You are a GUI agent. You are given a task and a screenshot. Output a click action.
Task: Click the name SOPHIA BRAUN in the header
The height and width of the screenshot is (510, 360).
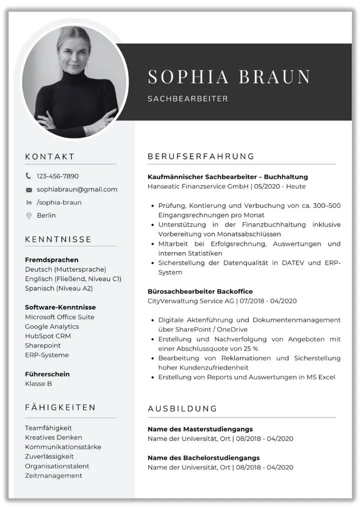(x=229, y=76)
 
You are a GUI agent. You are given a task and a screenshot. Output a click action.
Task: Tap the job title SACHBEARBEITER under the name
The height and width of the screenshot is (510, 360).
(x=187, y=99)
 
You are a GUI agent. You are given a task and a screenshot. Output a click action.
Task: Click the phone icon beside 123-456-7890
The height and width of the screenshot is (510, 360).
(x=28, y=176)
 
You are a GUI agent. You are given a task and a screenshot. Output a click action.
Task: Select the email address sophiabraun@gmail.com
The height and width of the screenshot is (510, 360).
(x=77, y=189)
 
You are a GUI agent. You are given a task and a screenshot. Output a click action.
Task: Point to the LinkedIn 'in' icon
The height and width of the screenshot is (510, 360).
(x=28, y=202)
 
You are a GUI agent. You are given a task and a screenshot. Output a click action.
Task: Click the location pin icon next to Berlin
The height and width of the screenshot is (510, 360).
(x=28, y=215)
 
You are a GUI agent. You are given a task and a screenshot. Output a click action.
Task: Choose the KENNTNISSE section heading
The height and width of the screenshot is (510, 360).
(x=58, y=239)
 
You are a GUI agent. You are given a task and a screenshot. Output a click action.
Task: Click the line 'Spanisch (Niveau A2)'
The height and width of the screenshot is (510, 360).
(x=58, y=288)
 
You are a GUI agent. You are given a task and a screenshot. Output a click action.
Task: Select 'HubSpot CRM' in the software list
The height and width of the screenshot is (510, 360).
(x=48, y=336)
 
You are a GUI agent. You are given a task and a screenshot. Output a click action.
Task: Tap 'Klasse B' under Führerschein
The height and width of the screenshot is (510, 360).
(x=38, y=384)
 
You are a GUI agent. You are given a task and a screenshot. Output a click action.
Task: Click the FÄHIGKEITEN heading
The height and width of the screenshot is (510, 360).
(x=60, y=407)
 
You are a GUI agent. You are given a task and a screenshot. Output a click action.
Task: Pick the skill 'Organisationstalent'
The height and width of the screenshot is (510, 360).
(x=57, y=466)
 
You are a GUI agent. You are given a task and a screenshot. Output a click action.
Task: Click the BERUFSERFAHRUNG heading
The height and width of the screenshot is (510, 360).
(x=201, y=156)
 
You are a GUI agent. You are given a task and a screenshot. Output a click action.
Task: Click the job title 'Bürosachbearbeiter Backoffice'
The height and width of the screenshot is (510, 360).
(x=200, y=291)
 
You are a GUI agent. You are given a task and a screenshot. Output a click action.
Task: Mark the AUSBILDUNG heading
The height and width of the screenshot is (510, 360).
(x=182, y=408)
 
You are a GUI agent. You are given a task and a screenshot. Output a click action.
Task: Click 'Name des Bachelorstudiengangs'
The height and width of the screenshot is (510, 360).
(x=203, y=458)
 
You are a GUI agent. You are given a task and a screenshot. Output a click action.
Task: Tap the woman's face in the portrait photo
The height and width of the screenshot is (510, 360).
(x=74, y=51)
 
